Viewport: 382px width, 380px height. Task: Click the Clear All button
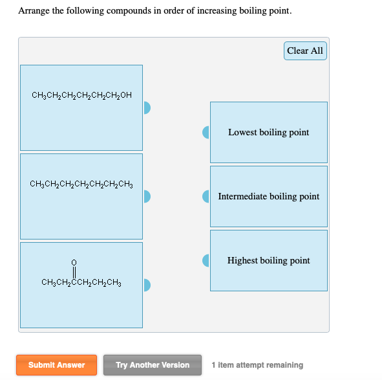click(305, 51)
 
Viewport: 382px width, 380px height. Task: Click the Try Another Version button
click(153, 365)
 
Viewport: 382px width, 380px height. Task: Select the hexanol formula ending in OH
click(81, 96)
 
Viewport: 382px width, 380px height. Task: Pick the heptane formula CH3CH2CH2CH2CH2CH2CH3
click(81, 184)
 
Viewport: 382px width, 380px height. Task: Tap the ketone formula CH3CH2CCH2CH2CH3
click(81, 283)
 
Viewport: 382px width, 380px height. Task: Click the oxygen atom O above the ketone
click(74, 262)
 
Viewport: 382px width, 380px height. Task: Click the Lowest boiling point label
click(268, 133)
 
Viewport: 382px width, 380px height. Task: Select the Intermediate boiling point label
click(268, 197)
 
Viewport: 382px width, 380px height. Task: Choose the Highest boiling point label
click(268, 261)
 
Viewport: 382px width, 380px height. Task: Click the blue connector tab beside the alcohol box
click(147, 107)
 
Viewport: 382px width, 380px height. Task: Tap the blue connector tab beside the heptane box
click(147, 196)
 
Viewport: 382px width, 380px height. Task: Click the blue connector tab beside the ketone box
click(147, 284)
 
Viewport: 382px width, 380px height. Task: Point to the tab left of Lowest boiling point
click(206, 132)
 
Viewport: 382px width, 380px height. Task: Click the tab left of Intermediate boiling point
click(206, 196)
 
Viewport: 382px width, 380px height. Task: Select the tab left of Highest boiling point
click(206, 260)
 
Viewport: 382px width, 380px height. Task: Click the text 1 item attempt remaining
click(257, 365)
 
